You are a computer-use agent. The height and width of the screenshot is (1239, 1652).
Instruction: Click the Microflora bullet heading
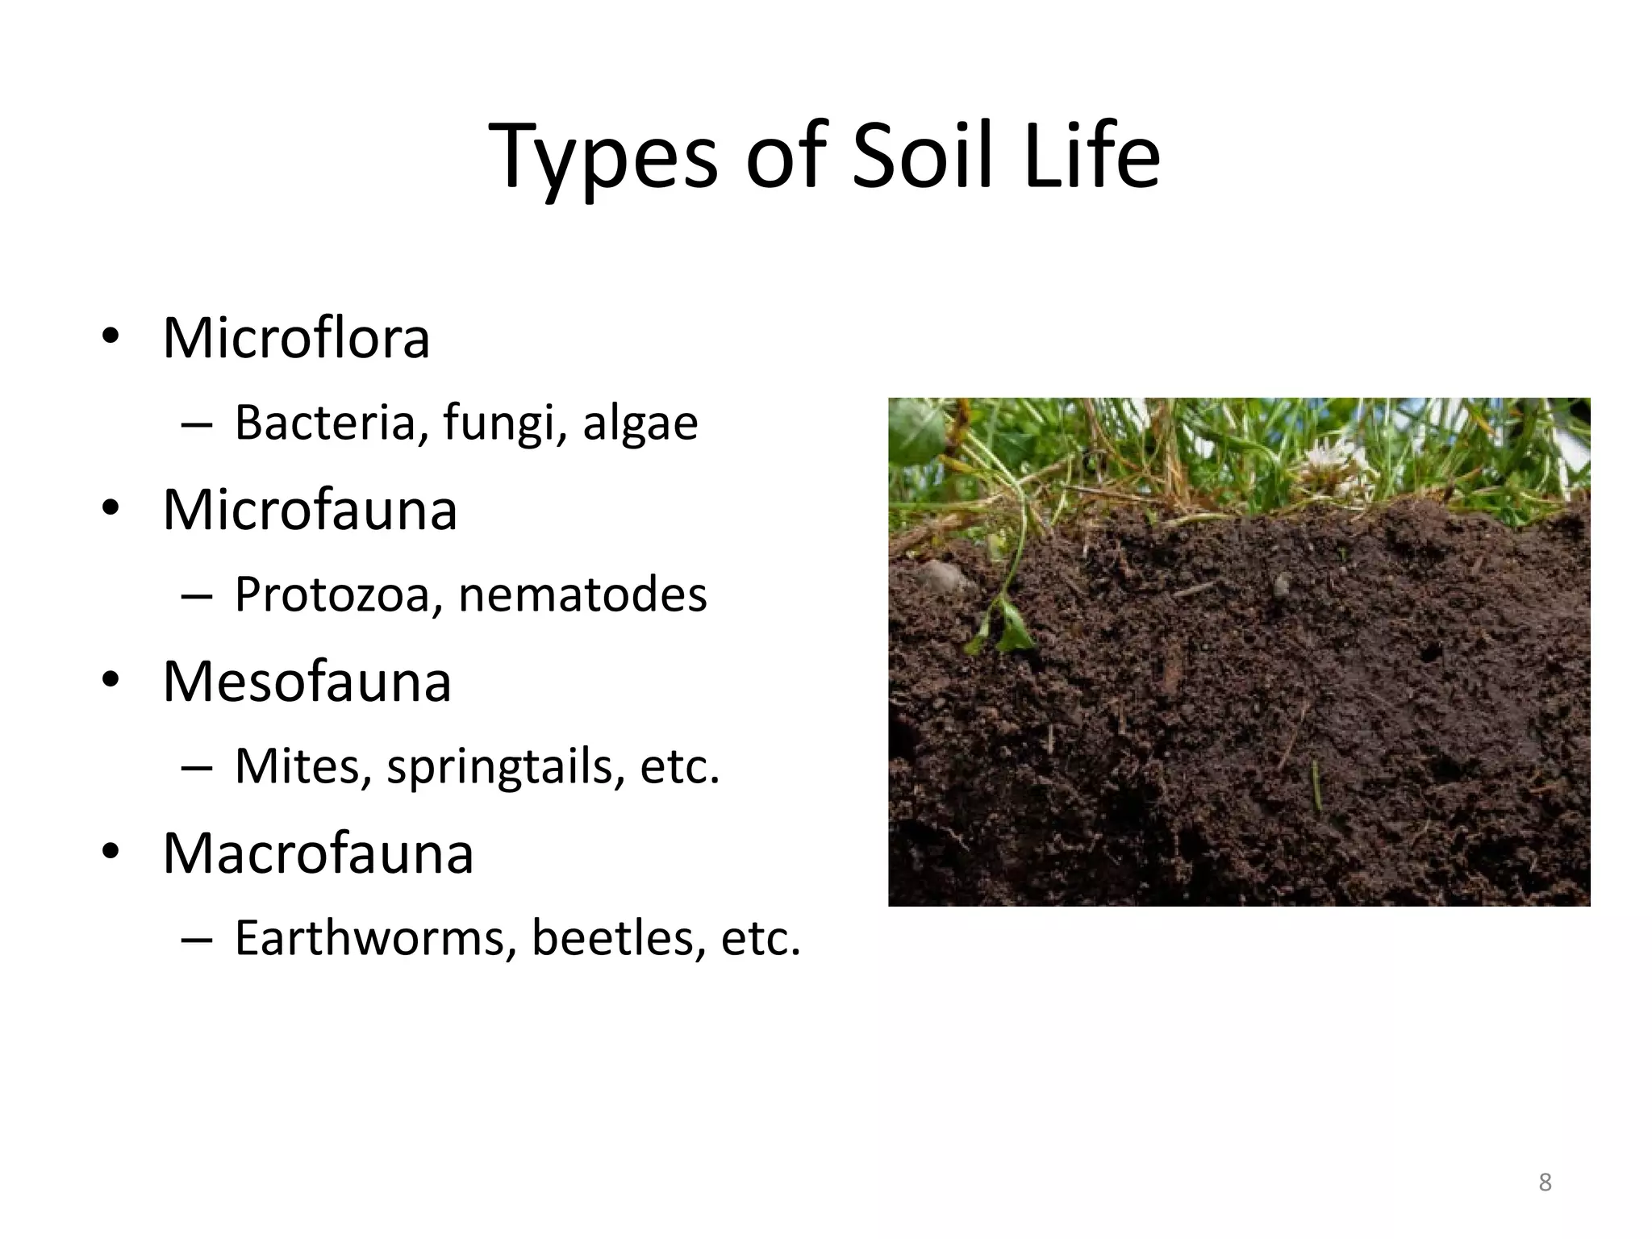[x=296, y=338]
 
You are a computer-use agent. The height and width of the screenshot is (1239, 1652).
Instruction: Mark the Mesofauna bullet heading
[x=307, y=682]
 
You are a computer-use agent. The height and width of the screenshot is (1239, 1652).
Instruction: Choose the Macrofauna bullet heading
[x=318, y=853]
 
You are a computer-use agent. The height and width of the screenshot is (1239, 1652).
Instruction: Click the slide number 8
[x=1545, y=1183]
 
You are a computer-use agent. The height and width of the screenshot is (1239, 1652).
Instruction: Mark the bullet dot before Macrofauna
[x=111, y=852]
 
